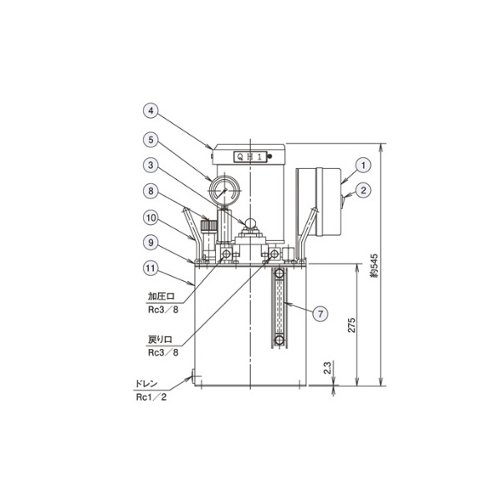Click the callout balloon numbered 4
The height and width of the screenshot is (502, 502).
tap(151, 111)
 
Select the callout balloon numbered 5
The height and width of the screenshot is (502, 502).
tap(151, 140)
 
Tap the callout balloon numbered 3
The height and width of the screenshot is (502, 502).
tap(151, 166)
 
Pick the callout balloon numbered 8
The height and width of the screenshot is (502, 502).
tap(151, 192)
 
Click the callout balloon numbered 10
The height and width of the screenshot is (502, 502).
tap(151, 218)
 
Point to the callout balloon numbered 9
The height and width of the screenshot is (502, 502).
tap(151, 243)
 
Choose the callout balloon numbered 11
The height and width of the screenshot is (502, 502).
tap(151, 269)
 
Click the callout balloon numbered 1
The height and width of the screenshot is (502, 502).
tap(363, 165)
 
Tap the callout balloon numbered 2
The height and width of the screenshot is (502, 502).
tap(363, 191)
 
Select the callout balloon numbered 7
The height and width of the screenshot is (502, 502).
tap(320, 314)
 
